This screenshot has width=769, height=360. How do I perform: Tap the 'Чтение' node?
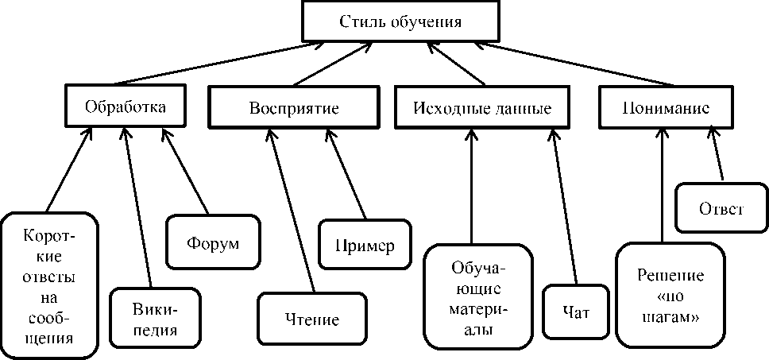311,320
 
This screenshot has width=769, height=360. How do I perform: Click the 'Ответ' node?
721,209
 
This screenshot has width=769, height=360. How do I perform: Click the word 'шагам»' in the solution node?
671,315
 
